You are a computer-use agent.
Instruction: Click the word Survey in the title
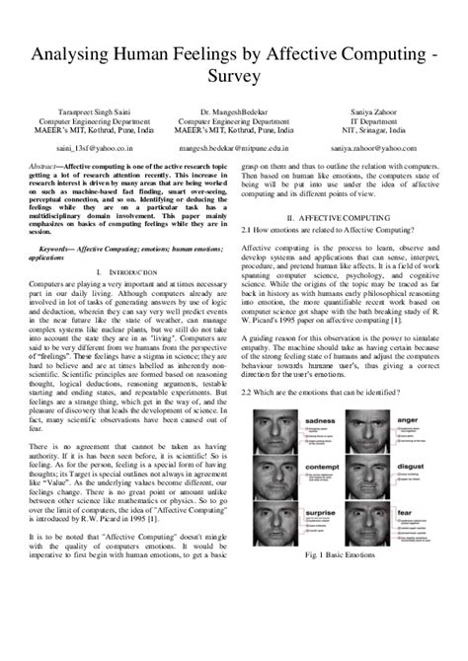[x=234, y=75]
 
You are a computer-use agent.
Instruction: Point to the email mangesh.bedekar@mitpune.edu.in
[x=234, y=147]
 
